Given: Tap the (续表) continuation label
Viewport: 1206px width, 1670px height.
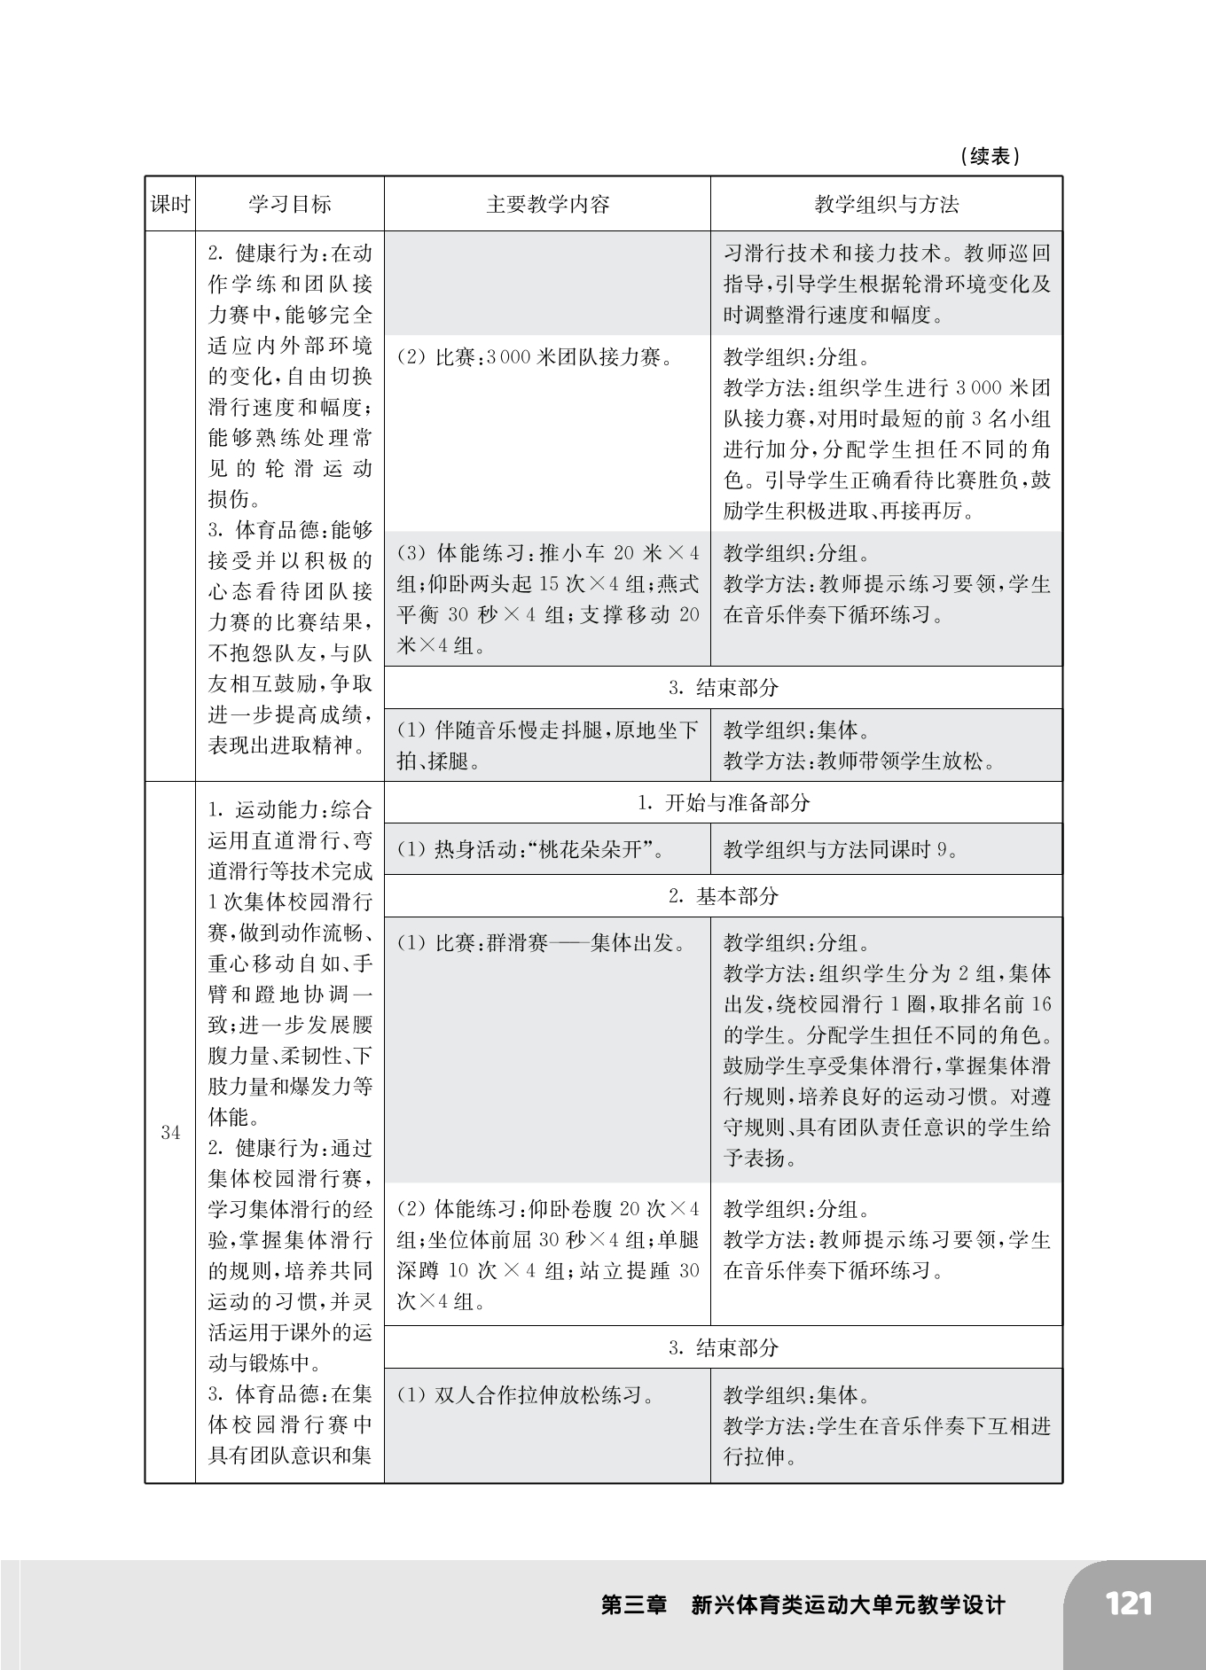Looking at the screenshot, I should coord(990,157).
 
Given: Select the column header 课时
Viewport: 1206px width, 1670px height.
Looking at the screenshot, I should coord(170,205).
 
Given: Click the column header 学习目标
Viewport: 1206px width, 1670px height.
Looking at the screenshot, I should coord(289,205).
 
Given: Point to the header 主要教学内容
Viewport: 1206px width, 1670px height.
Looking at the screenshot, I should coord(547,205).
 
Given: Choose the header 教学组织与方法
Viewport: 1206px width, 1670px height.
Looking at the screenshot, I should coord(886,205).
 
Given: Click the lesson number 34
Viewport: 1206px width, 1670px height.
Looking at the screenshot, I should coord(170,1133).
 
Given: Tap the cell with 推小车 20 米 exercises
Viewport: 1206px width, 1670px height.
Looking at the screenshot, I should coord(547,599).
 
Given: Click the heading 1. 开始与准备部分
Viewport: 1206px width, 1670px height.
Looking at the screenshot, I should coord(724,803).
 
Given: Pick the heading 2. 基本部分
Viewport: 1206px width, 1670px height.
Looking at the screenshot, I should coord(724,896).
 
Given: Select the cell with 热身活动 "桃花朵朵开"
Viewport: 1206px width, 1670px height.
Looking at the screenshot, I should coord(532,850).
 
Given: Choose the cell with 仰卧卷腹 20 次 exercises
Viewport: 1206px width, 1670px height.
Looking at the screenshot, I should coord(547,1255).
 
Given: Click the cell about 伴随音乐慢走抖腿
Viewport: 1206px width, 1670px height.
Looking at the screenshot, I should coord(547,745).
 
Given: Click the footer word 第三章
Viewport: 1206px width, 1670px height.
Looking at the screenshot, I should coord(634,1605).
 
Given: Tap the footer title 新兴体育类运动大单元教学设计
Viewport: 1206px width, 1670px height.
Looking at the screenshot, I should coord(849,1605).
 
